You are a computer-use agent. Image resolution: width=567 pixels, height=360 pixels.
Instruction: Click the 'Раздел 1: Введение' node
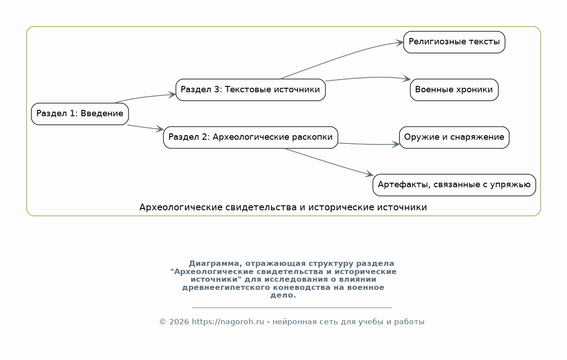click(80, 114)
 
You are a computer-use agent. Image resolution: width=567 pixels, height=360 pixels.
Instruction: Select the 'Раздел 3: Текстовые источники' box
click(251, 90)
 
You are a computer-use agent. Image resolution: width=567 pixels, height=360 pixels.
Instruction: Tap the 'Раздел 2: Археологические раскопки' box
click(251, 137)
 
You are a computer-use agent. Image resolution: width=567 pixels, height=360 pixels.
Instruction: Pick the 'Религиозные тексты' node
click(454, 42)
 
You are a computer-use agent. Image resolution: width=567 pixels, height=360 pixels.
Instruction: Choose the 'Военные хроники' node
click(454, 90)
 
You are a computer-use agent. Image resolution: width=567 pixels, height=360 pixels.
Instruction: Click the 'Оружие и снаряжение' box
click(454, 137)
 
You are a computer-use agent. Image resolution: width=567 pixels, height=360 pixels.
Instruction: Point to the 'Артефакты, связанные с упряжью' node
click(454, 185)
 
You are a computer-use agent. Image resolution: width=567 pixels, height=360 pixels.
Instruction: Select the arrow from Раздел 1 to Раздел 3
click(145, 97)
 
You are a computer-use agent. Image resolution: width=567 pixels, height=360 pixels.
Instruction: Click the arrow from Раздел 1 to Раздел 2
click(145, 127)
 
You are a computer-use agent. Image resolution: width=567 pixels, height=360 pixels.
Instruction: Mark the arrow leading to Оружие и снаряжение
click(368, 144)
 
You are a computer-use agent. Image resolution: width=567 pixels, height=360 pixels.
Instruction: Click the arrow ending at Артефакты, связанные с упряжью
click(329, 162)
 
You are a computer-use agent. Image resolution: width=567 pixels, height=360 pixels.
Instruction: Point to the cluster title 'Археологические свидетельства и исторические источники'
click(283, 207)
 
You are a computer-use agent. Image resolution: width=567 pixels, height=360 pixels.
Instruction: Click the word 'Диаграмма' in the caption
click(214, 263)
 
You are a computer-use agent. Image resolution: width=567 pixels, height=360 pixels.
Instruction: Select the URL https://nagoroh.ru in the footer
click(228, 322)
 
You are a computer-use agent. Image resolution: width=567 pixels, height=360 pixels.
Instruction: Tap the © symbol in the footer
click(162, 322)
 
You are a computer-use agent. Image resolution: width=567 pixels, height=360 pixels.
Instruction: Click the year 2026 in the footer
click(179, 322)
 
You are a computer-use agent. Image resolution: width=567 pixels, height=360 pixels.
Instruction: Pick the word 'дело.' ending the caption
click(283, 295)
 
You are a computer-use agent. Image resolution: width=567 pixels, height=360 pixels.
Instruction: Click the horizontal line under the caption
click(292, 308)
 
